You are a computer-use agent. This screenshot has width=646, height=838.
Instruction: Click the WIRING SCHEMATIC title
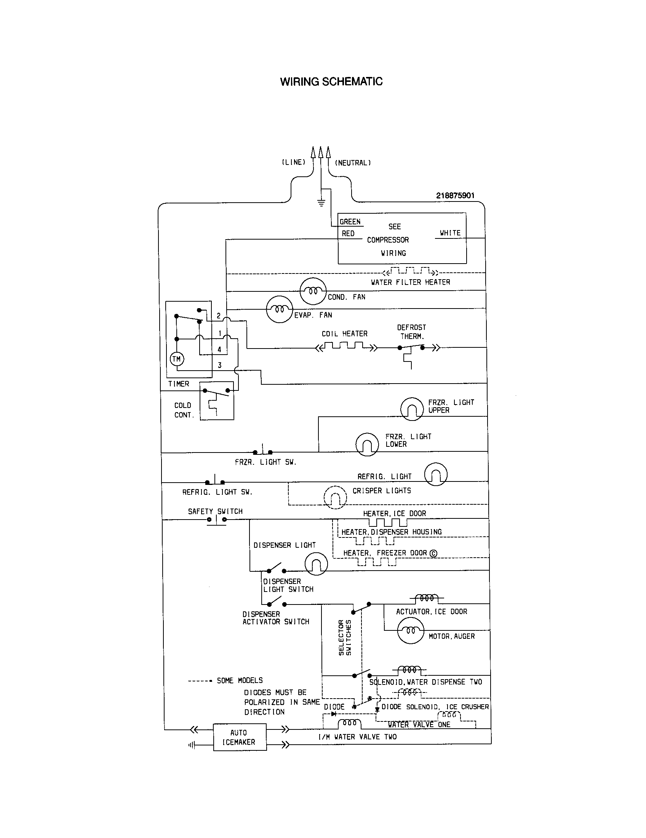tap(331, 82)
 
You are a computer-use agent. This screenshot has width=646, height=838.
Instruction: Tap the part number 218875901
tap(455, 195)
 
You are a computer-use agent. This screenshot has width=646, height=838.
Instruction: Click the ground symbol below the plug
tap(321, 203)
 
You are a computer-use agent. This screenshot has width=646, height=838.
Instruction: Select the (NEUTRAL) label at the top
tap(353, 163)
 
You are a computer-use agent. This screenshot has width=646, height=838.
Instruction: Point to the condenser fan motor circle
tap(313, 291)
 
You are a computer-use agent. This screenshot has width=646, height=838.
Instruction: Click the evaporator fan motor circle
tap(280, 309)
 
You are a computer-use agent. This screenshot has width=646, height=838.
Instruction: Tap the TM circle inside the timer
tap(176, 359)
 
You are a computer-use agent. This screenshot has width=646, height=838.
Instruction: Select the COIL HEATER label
tap(344, 334)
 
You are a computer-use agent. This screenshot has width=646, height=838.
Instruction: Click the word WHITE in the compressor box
tap(450, 233)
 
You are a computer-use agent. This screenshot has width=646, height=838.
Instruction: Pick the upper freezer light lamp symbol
tap(412, 409)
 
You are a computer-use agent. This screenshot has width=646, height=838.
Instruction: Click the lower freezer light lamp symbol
tap(367, 444)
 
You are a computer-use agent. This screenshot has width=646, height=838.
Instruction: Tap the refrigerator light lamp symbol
tap(436, 474)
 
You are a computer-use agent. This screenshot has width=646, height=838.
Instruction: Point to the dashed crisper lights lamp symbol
tap(335, 497)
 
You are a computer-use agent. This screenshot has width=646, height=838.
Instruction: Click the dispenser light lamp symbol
tap(316, 564)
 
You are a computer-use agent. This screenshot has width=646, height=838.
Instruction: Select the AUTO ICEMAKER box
tap(240, 737)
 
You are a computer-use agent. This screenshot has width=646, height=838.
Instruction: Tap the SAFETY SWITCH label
tap(215, 512)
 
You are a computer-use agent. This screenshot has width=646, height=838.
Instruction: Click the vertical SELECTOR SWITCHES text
tap(344, 637)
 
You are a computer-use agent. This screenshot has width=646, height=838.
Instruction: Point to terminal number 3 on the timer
tap(219, 365)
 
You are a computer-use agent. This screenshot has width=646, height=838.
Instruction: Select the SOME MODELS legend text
tap(240, 680)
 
